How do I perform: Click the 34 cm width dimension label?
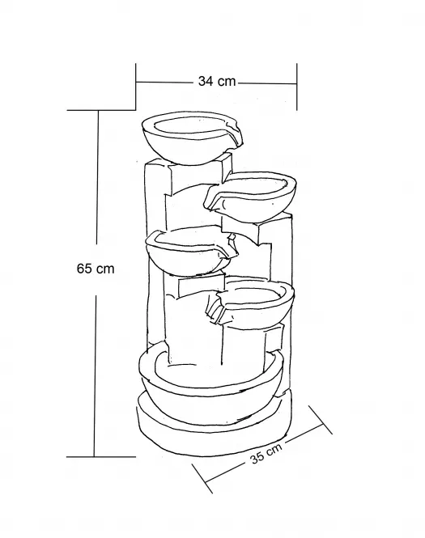coord(217,82)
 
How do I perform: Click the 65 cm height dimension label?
coord(96,269)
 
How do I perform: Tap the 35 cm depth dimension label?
coord(266,453)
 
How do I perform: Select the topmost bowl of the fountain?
coord(192,138)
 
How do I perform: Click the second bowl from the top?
coord(251,195)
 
